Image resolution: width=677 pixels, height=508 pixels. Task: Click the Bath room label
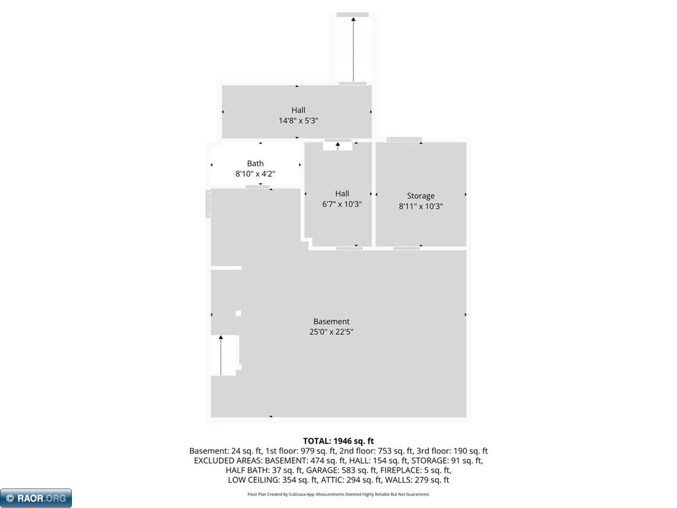[x=255, y=163]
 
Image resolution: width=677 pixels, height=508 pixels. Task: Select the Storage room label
[x=420, y=196]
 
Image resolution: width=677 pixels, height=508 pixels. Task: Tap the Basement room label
[x=331, y=321]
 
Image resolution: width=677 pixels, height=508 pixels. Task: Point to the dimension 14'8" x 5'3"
[x=298, y=121]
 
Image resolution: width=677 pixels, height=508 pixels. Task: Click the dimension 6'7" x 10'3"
[x=342, y=204]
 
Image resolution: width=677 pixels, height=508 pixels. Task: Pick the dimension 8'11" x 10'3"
[x=420, y=206]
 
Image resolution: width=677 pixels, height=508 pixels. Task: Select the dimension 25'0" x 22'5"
[x=331, y=332]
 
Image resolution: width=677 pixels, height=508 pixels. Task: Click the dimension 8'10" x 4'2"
[x=255, y=174]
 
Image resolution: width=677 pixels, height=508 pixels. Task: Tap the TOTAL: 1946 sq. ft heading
[x=338, y=441]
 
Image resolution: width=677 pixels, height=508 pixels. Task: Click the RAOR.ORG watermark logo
[x=36, y=498]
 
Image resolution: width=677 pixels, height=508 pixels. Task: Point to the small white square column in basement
[x=238, y=313]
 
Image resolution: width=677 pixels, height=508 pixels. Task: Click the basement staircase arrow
[x=221, y=355]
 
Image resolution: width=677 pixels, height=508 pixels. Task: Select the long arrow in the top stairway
[x=353, y=49]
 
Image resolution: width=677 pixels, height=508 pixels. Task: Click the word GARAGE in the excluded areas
[x=319, y=470]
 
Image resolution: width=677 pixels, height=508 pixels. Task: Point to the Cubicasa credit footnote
[x=338, y=494]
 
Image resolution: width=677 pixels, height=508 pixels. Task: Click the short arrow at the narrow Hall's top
[x=338, y=146]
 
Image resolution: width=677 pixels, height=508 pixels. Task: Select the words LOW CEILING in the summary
[x=254, y=480]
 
